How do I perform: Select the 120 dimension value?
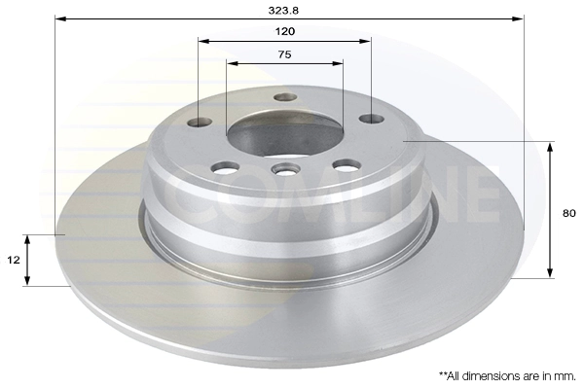(x=285, y=31)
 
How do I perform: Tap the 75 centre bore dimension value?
(x=284, y=54)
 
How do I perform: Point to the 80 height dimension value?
(x=569, y=213)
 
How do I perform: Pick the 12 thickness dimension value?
(x=13, y=261)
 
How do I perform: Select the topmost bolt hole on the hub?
(x=285, y=97)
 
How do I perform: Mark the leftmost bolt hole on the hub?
(x=200, y=122)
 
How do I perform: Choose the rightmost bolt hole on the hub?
(x=371, y=119)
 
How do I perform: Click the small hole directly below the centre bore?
(x=285, y=170)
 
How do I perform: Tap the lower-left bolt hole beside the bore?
(x=225, y=167)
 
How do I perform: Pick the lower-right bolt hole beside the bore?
(x=347, y=165)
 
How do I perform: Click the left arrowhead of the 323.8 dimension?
(x=59, y=18)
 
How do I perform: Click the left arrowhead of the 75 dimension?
(x=231, y=64)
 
